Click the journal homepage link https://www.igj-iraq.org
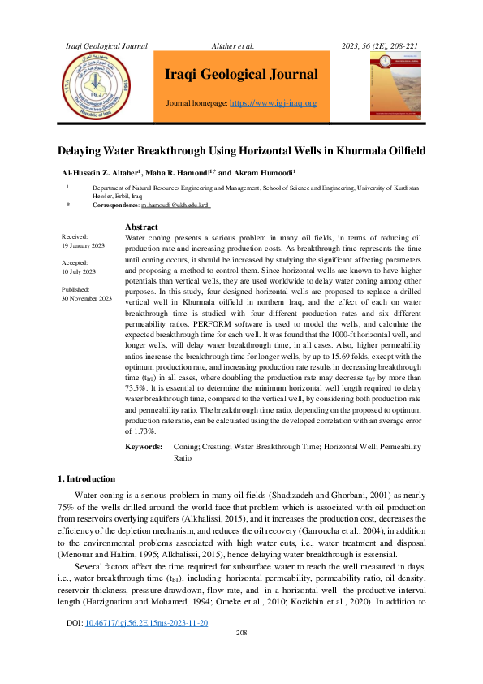[274, 103]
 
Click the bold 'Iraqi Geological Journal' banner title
[241, 75]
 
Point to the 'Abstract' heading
[142, 227]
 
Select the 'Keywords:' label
[144, 447]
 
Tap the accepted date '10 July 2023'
[79, 271]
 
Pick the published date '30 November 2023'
[87, 298]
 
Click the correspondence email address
[175, 206]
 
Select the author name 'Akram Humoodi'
[266, 173]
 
